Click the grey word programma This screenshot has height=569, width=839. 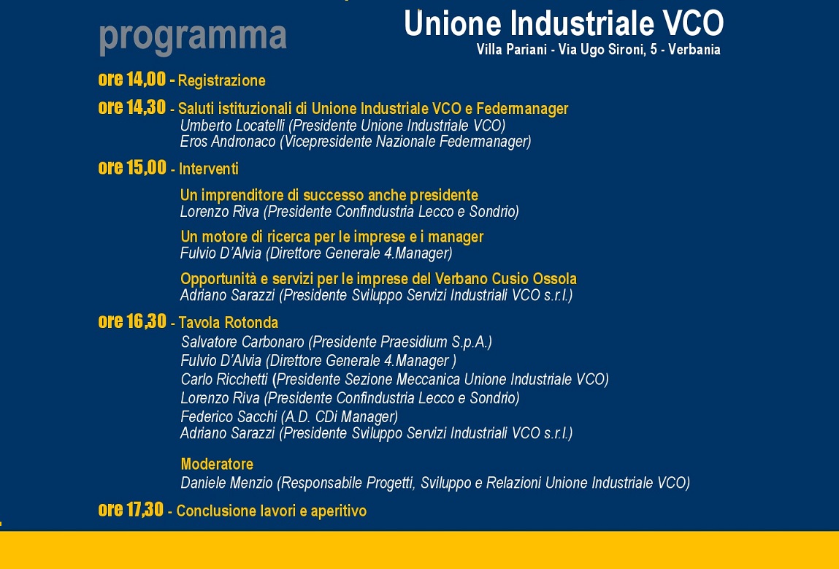pos(193,37)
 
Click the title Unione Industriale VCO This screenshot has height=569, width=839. pos(564,23)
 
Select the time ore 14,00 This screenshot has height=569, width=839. pos(132,79)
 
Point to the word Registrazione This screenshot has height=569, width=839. pos(221,81)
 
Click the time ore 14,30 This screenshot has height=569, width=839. pos(132,107)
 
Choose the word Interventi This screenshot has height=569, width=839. pos(209,169)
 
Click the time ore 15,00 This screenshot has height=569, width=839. pos(132,167)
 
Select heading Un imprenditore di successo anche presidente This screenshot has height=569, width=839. pos(329,195)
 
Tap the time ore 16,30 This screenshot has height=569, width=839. pos(132,321)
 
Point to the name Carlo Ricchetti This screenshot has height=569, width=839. pos(224,379)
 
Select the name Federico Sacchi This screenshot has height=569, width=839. pos(229,416)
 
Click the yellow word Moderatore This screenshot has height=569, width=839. pos(217,464)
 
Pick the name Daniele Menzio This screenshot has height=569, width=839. pos(227,483)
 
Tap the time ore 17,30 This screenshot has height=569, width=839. pos(131,510)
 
